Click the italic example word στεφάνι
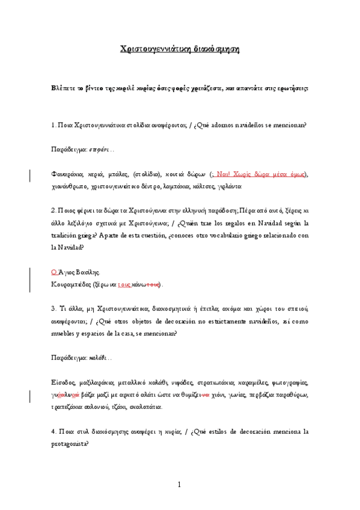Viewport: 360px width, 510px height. pos(99,148)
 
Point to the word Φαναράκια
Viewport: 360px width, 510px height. pos(67,174)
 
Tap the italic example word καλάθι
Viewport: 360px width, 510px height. pos(97,356)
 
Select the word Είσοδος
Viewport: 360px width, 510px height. pos(64,382)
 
